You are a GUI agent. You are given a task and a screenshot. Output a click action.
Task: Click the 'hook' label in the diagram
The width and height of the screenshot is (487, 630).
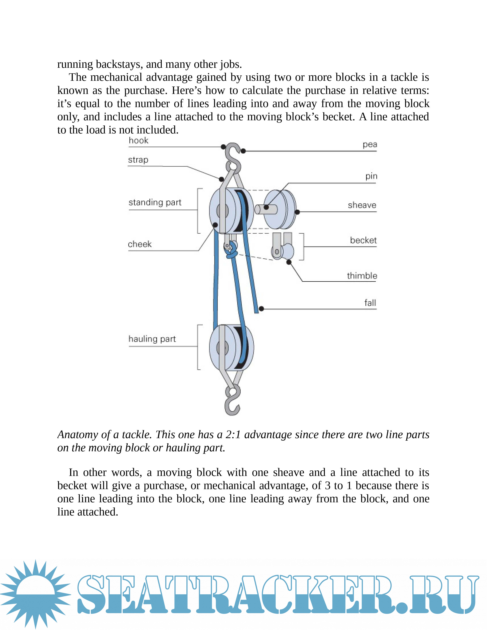(x=138, y=141)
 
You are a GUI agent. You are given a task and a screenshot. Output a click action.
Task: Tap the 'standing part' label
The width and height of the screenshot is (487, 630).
(x=155, y=203)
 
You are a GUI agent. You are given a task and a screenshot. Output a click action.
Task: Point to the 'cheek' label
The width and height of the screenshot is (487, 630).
(x=140, y=244)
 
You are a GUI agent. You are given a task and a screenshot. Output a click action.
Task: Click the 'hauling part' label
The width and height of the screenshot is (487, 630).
(x=152, y=339)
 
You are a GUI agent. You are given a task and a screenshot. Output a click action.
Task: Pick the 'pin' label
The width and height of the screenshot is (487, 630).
(x=371, y=176)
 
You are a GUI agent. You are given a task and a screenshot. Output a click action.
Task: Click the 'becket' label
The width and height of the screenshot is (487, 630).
(x=363, y=240)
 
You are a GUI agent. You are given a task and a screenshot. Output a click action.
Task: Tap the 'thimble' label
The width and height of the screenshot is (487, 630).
(x=362, y=276)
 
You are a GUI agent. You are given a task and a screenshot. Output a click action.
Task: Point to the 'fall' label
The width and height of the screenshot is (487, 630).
(x=370, y=303)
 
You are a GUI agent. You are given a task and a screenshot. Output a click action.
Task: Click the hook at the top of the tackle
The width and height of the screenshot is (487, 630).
(x=233, y=157)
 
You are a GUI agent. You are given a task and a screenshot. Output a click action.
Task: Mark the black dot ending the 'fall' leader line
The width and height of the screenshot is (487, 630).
(x=261, y=309)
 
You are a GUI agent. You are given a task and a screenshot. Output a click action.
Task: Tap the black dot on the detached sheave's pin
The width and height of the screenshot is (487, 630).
(x=266, y=207)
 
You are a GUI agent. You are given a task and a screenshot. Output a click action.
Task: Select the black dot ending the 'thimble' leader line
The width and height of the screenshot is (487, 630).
(x=289, y=262)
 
